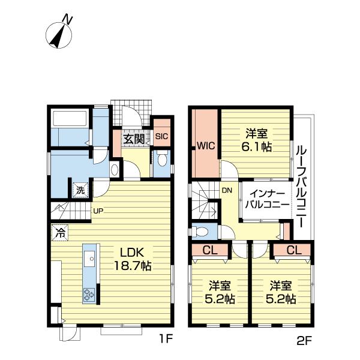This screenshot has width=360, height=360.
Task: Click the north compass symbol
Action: point(59,32)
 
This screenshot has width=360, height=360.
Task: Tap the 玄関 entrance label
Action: point(134,139)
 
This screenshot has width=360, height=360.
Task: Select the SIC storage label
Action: point(162,136)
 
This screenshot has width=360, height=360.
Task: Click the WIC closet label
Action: point(206,146)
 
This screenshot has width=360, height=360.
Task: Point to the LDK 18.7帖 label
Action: point(133,259)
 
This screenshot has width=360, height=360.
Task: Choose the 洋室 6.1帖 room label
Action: point(256,140)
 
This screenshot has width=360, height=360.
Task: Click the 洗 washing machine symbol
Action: point(80,190)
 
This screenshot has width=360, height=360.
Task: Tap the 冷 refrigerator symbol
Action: point(59,233)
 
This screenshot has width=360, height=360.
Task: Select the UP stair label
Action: point(98,211)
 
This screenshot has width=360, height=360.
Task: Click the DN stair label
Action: point(227,190)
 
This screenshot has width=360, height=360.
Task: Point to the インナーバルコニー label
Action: point(267,200)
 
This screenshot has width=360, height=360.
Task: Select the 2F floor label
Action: point(304,340)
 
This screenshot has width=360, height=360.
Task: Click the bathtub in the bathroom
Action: point(70,119)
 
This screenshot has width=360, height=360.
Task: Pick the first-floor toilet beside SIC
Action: point(162,158)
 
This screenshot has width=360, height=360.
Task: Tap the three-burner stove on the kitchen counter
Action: point(89,295)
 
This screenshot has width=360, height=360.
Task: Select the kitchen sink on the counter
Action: point(89,259)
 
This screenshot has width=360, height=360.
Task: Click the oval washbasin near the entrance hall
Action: point(115,170)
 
